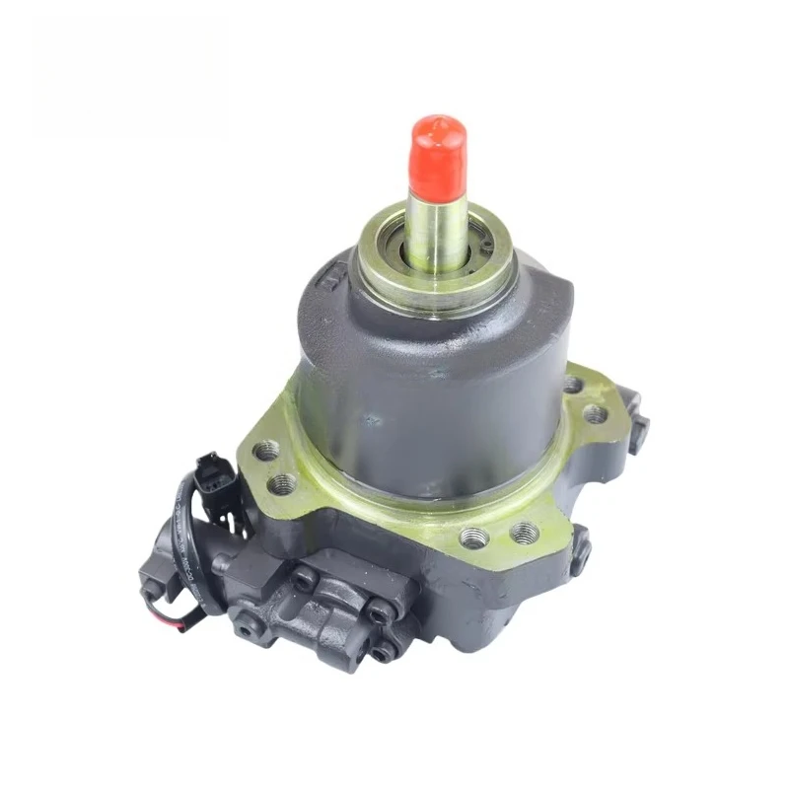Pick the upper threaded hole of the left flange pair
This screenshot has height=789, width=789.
coord(267,453)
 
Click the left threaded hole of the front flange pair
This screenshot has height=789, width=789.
coord(474,538)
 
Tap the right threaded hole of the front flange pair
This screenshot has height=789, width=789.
coord(521,534)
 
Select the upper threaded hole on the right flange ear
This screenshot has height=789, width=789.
coord(573,384)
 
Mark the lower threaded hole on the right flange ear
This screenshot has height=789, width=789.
coord(596,415)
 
